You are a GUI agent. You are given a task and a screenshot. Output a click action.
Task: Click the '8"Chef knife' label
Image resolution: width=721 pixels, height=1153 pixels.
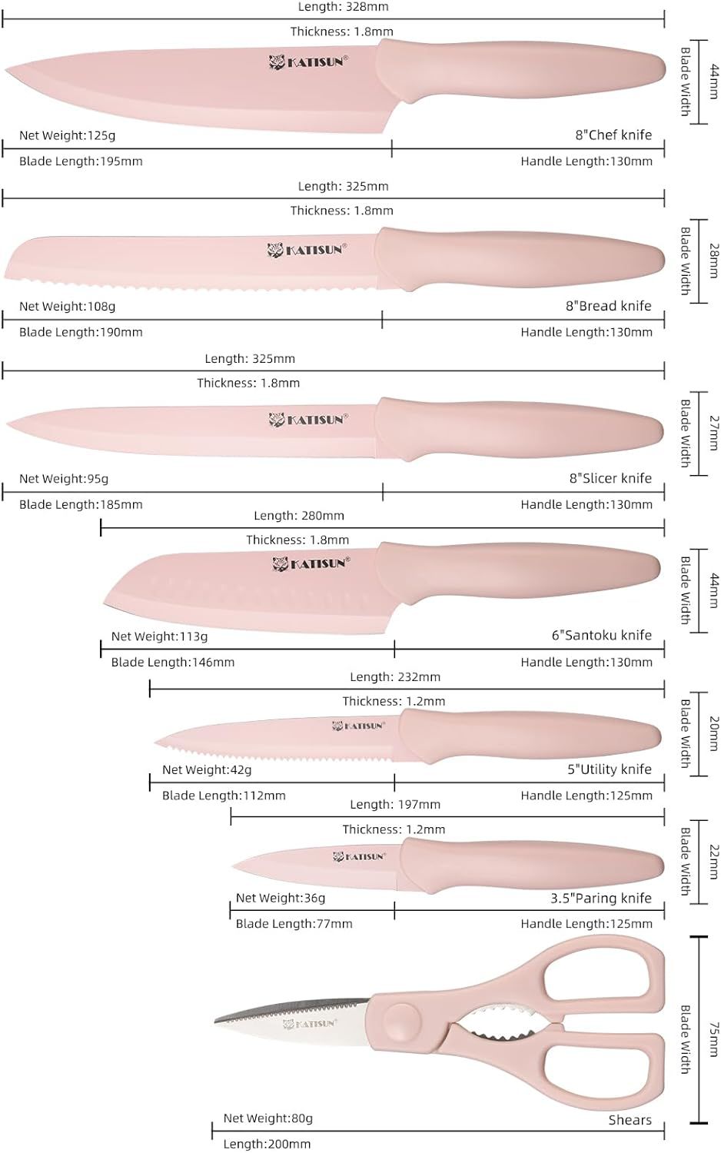(x=613, y=135)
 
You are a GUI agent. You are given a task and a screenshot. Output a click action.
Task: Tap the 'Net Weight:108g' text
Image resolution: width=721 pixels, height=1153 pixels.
(x=68, y=307)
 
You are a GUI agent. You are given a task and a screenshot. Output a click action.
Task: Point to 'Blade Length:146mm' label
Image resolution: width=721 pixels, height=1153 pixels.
(x=173, y=663)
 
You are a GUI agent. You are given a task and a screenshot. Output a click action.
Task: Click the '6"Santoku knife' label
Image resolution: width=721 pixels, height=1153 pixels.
(x=601, y=636)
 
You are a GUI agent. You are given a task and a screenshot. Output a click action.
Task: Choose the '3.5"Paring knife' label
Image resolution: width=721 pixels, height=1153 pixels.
(x=600, y=899)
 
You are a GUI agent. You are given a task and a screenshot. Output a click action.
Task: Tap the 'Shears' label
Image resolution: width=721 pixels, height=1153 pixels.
(x=630, y=1121)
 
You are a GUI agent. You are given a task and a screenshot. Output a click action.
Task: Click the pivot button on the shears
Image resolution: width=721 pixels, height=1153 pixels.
(x=401, y=1021)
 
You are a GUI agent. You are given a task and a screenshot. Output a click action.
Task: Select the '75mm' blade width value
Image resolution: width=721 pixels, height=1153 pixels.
(x=713, y=1038)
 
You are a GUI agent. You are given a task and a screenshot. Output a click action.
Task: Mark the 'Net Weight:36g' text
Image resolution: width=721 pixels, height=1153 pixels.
(x=281, y=899)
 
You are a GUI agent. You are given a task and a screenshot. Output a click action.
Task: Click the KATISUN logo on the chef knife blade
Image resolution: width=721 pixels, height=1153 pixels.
(x=308, y=61)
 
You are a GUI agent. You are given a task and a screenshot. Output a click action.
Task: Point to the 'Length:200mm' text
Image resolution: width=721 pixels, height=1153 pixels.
(x=267, y=1145)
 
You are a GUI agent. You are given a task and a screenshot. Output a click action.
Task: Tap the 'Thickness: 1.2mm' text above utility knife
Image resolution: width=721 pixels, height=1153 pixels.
(x=394, y=702)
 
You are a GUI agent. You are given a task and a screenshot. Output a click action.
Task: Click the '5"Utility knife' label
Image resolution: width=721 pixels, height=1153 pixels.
(x=609, y=769)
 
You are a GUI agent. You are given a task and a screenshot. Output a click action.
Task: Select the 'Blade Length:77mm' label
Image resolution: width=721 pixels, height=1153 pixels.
(x=294, y=924)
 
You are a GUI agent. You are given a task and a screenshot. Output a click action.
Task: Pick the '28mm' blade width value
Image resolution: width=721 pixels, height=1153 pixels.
(x=713, y=261)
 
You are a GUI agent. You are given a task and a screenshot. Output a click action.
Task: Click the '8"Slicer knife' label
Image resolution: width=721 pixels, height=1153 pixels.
(x=610, y=478)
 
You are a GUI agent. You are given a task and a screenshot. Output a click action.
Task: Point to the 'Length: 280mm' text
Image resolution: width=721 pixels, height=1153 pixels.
(x=299, y=516)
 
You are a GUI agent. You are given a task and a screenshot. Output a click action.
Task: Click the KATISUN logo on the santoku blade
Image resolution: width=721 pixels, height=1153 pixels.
(x=311, y=563)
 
